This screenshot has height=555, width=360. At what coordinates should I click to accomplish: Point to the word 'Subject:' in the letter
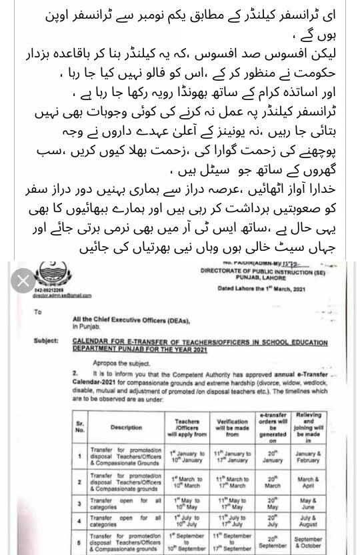click(x=47, y=342)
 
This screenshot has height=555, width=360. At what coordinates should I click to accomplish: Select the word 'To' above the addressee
click(x=37, y=311)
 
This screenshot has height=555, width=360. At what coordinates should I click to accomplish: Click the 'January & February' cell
click(x=308, y=457)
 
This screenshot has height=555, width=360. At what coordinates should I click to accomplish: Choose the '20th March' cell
click(x=272, y=482)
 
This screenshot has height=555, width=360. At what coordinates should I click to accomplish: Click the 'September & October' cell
click(x=308, y=542)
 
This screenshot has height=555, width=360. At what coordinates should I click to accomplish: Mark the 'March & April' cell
click(x=308, y=482)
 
